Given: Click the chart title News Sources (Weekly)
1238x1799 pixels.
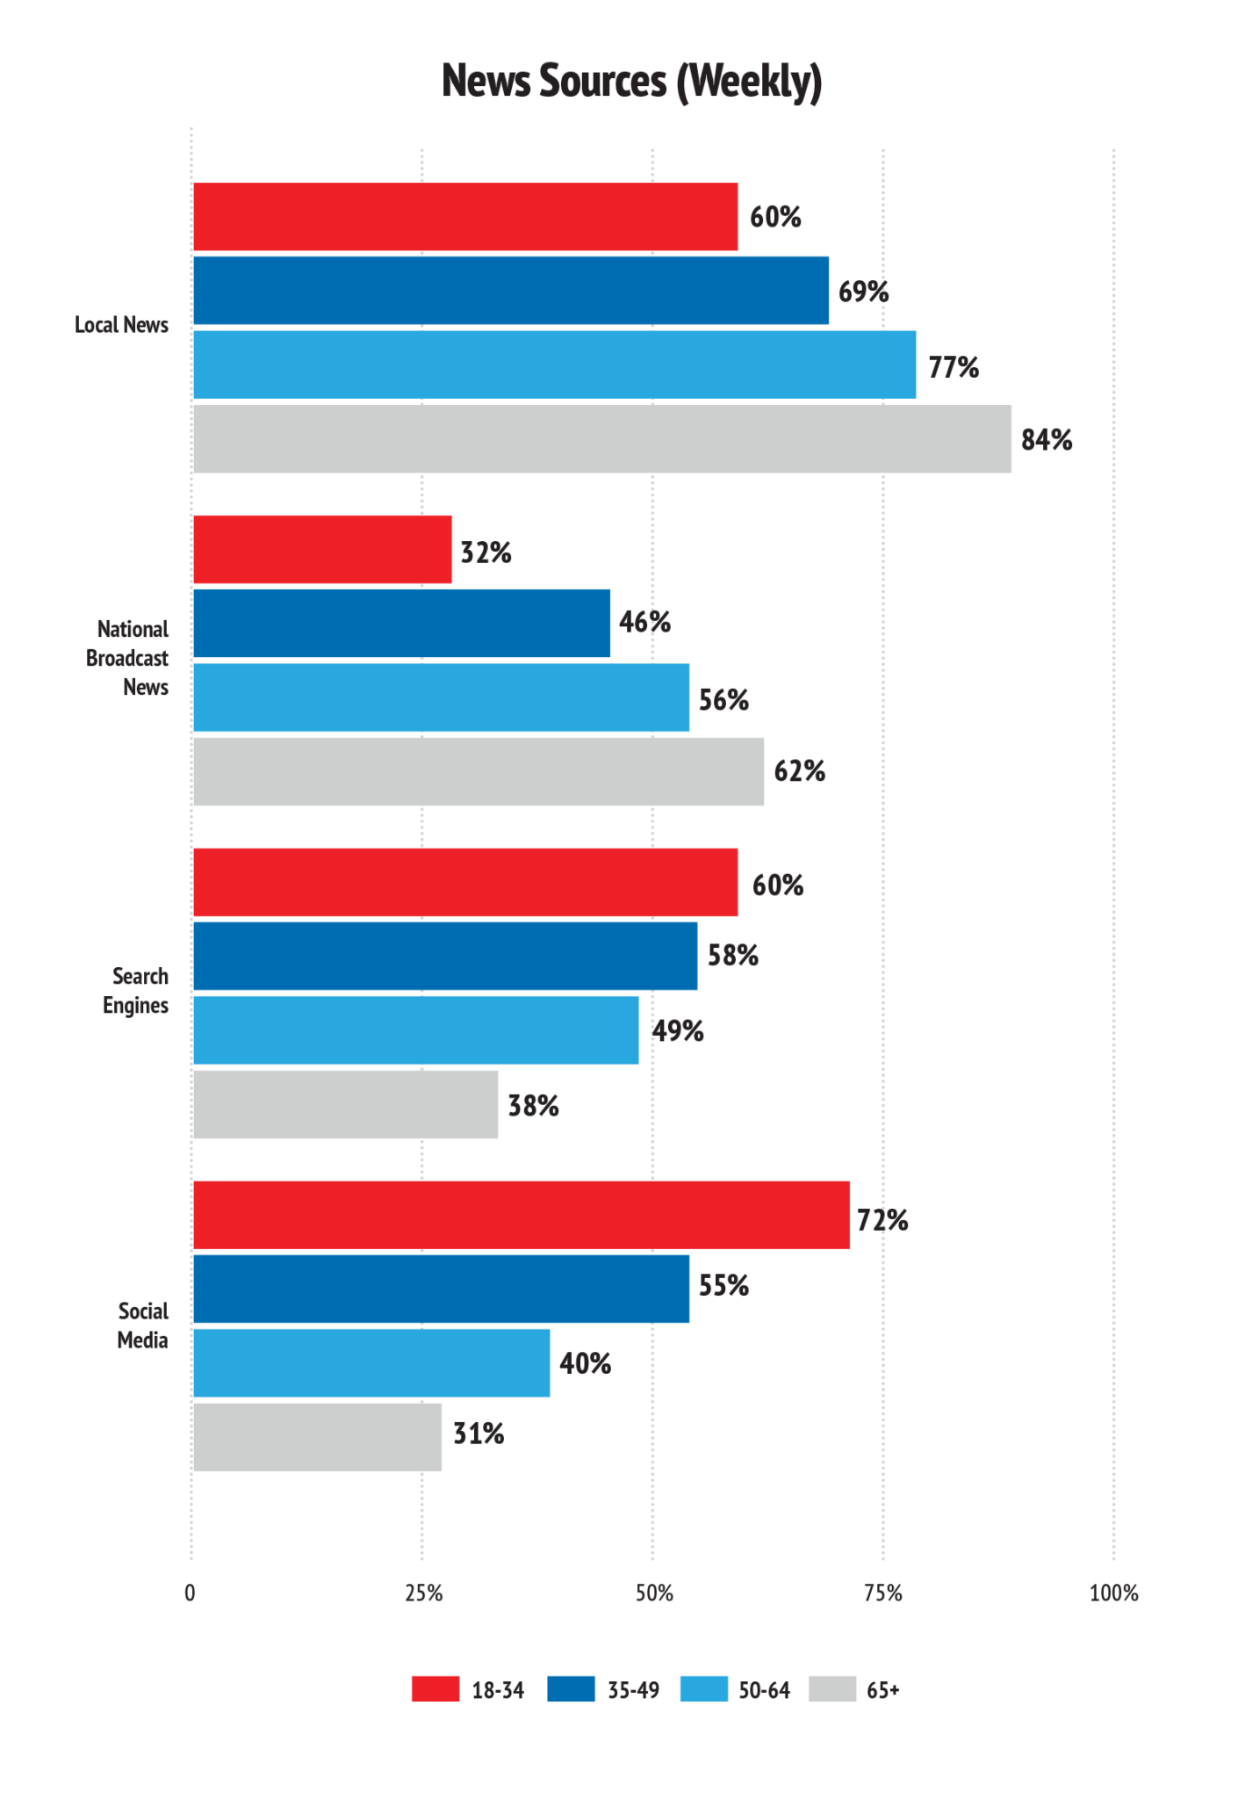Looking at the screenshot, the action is [631, 82].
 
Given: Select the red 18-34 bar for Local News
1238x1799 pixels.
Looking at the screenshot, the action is [465, 216].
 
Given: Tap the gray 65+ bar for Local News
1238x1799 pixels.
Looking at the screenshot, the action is [602, 438].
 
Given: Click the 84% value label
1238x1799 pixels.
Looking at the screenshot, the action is [1047, 439].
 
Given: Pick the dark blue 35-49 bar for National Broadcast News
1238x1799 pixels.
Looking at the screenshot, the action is [401, 623].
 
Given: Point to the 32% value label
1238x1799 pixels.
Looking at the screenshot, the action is [486, 553].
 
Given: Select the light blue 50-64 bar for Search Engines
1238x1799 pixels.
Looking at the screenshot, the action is [416, 1030].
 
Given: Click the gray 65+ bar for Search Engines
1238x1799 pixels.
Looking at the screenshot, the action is [346, 1104].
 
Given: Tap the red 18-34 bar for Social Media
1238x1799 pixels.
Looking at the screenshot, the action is [522, 1215].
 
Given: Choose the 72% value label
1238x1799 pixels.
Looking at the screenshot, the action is [883, 1220].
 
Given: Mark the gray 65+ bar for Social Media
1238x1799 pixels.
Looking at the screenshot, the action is [317, 1437].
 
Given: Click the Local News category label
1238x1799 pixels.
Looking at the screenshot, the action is [121, 325].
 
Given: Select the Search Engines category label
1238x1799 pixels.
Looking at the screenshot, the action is [136, 991].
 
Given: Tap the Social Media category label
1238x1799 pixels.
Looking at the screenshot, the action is [143, 1326].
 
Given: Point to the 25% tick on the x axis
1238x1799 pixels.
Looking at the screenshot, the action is [423, 1593].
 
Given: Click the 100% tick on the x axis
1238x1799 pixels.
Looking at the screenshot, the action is [1113, 1593].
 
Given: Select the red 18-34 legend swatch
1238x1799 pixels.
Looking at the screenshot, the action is [435, 1689].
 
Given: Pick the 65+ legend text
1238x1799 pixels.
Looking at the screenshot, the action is [883, 1690].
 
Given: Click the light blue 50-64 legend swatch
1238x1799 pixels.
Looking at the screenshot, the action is [704, 1689].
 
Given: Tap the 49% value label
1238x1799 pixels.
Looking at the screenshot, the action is [678, 1030].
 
